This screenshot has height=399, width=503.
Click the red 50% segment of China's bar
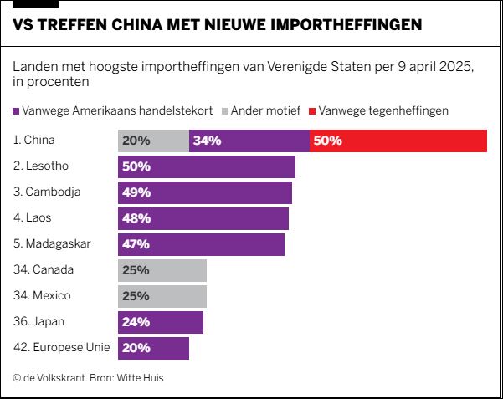coord(398,141)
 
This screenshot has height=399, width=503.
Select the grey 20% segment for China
coord(154,141)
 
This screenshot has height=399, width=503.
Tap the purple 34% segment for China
coord(249,141)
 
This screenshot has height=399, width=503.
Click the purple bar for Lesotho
coord(207,166)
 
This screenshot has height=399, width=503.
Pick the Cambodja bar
coord(205,192)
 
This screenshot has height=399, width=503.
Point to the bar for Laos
coord(203,218)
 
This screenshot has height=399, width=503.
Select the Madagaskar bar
coord(202,244)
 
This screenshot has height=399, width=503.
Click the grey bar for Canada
coord(162,270)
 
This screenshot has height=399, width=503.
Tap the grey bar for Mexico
coord(162,296)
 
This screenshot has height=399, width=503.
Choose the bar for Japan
coord(161,322)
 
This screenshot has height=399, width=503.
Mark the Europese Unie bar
coord(154,348)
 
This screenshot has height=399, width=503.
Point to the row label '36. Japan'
coord(38,322)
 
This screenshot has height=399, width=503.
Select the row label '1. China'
coord(34,141)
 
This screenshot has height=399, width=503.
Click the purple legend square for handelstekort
coord(17,110)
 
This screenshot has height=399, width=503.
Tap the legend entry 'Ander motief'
coord(262,110)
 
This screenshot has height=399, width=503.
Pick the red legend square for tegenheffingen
coord(313,110)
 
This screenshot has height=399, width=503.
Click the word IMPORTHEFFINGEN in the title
coord(345,25)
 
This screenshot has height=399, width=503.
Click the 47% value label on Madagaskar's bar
coord(136,244)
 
